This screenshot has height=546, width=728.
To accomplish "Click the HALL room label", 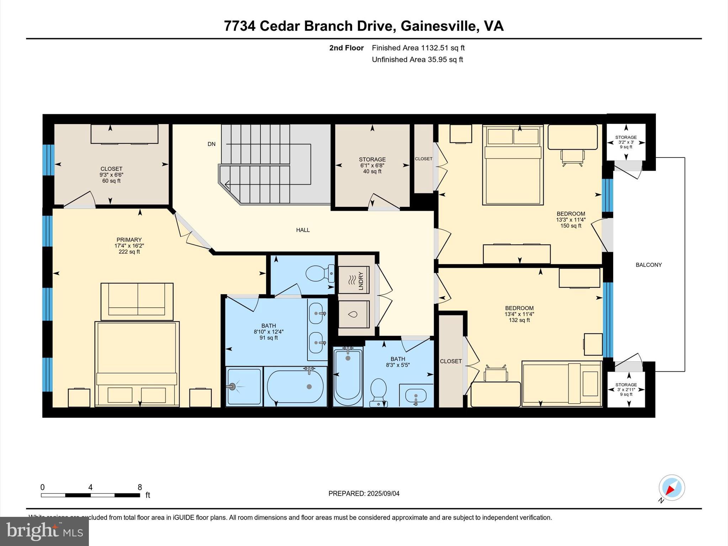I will coord(303,230).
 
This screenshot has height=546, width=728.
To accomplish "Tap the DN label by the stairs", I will coord(212,144).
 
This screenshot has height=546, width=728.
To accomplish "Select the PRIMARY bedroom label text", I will coord(129,240).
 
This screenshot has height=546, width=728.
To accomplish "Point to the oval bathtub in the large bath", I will coord(295,386).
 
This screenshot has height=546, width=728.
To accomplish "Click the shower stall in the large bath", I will coord(244,387).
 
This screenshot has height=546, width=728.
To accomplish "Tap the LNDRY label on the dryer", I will coord(361,280).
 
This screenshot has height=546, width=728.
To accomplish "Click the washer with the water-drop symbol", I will coord(353,314).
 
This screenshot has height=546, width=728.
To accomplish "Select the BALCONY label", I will coord(648,265).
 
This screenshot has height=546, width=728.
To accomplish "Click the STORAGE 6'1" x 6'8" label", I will coord(372,165).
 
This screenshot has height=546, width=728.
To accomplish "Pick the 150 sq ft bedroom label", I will coord(571,219).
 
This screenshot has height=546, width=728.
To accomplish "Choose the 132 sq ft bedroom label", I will coord(519,314).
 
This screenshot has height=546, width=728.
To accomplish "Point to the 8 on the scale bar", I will coord(140,487).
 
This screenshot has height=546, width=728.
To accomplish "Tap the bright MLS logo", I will coord(44,531).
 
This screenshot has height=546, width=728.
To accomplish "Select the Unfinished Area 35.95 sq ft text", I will coord(417,60).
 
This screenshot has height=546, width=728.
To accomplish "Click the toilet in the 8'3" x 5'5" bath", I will coord(378,391).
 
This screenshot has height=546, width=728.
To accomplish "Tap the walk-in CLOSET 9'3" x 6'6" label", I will coord(111,175).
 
